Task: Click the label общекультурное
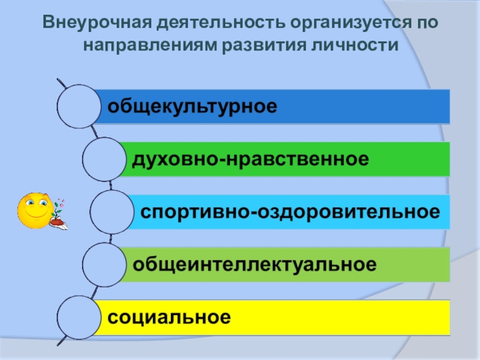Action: [192, 106]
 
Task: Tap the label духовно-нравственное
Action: [250, 159]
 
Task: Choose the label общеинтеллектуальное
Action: [254, 264]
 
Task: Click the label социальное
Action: [169, 317]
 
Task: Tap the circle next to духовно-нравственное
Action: [104, 159]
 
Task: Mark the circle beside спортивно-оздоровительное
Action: [112, 212]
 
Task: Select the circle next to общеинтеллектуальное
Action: [104, 264]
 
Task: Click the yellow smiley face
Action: [34, 210]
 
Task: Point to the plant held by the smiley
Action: [58, 214]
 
